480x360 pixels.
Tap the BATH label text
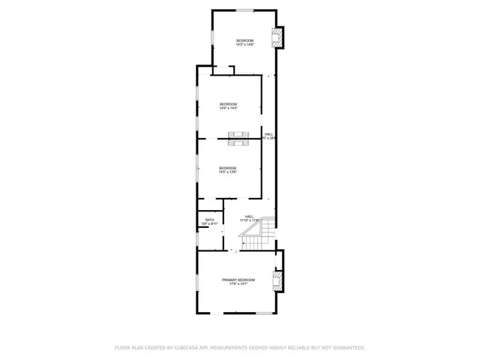[x=209, y=220]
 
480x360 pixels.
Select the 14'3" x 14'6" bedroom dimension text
[x=244, y=45]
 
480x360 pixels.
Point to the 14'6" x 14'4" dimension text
[x=228, y=108]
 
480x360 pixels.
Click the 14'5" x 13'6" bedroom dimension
[x=228, y=172]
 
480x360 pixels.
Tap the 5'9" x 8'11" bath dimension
[x=209, y=224]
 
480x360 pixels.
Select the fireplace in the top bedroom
[x=279, y=39]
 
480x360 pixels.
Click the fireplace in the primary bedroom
[x=278, y=282]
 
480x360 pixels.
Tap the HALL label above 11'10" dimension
[x=249, y=216]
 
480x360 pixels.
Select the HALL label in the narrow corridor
[x=268, y=134]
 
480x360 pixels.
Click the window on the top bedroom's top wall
[x=244, y=10]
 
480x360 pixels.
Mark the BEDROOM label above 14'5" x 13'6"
[x=228, y=168]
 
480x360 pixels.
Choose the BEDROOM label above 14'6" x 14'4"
[x=228, y=103]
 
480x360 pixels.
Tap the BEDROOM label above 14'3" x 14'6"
[x=244, y=40]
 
